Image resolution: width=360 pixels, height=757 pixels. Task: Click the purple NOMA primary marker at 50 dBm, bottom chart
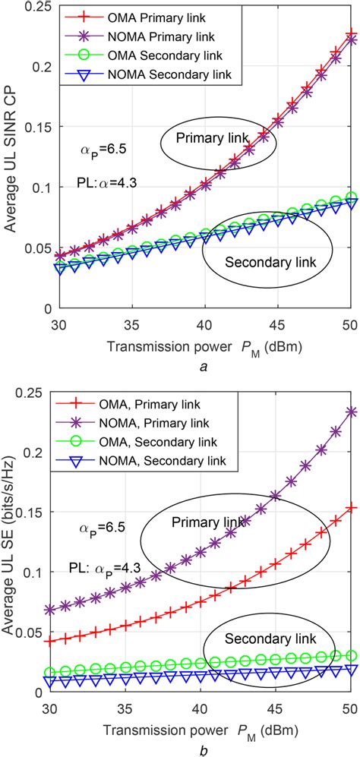(352, 411)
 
